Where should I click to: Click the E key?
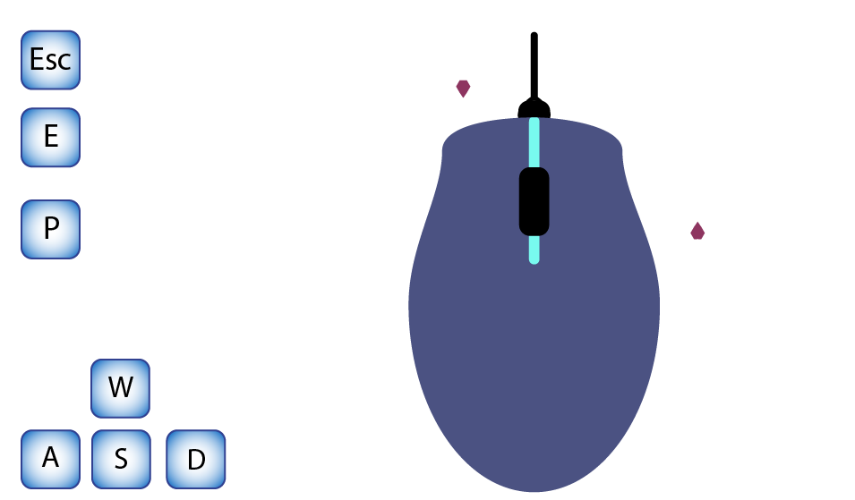[x=51, y=137]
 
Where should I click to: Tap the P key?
[x=51, y=229]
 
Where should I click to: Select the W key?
[x=121, y=388]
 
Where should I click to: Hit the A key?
[x=51, y=459]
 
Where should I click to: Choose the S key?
[x=121, y=459]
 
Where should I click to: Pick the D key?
[x=196, y=459]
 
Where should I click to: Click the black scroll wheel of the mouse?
[x=534, y=201]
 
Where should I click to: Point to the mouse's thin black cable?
[x=534, y=65]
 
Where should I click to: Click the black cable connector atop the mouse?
[x=534, y=108]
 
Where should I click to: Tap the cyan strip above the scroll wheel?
[x=534, y=143]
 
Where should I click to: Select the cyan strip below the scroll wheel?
[x=534, y=250]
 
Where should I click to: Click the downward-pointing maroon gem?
[x=464, y=89]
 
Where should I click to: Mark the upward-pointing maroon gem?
[x=697, y=231]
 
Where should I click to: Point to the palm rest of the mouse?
[x=534, y=370]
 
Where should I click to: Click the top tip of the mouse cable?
[x=534, y=33]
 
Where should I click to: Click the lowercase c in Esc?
[x=64, y=62]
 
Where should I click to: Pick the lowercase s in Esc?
[x=51, y=62]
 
